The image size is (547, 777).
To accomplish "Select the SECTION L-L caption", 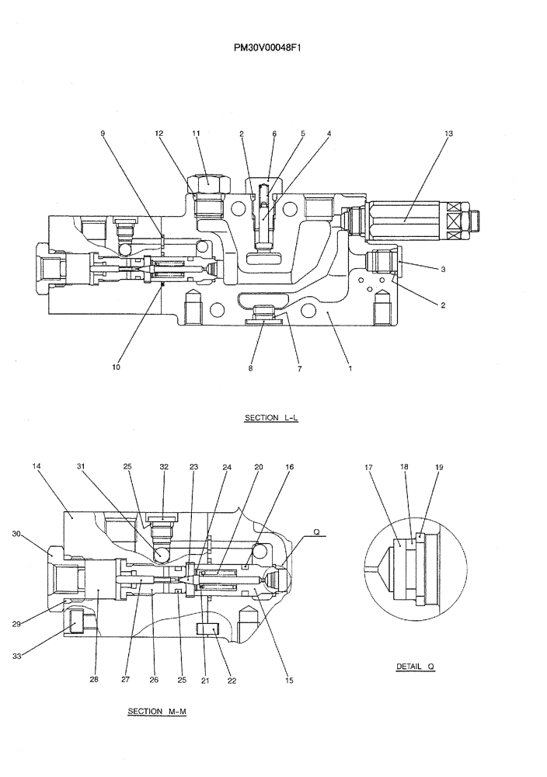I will point(271,418).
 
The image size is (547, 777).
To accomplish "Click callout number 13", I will point(448,134).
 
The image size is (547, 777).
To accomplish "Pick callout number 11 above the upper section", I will point(196,134).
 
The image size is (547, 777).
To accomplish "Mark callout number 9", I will point(103,134).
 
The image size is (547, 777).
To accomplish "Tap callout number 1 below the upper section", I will point(350,368).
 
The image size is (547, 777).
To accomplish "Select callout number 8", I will point(250,368).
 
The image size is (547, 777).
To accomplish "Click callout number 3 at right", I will point(443,270).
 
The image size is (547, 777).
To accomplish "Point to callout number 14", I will point(37,466).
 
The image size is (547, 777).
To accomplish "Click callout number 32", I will point(164,466).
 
